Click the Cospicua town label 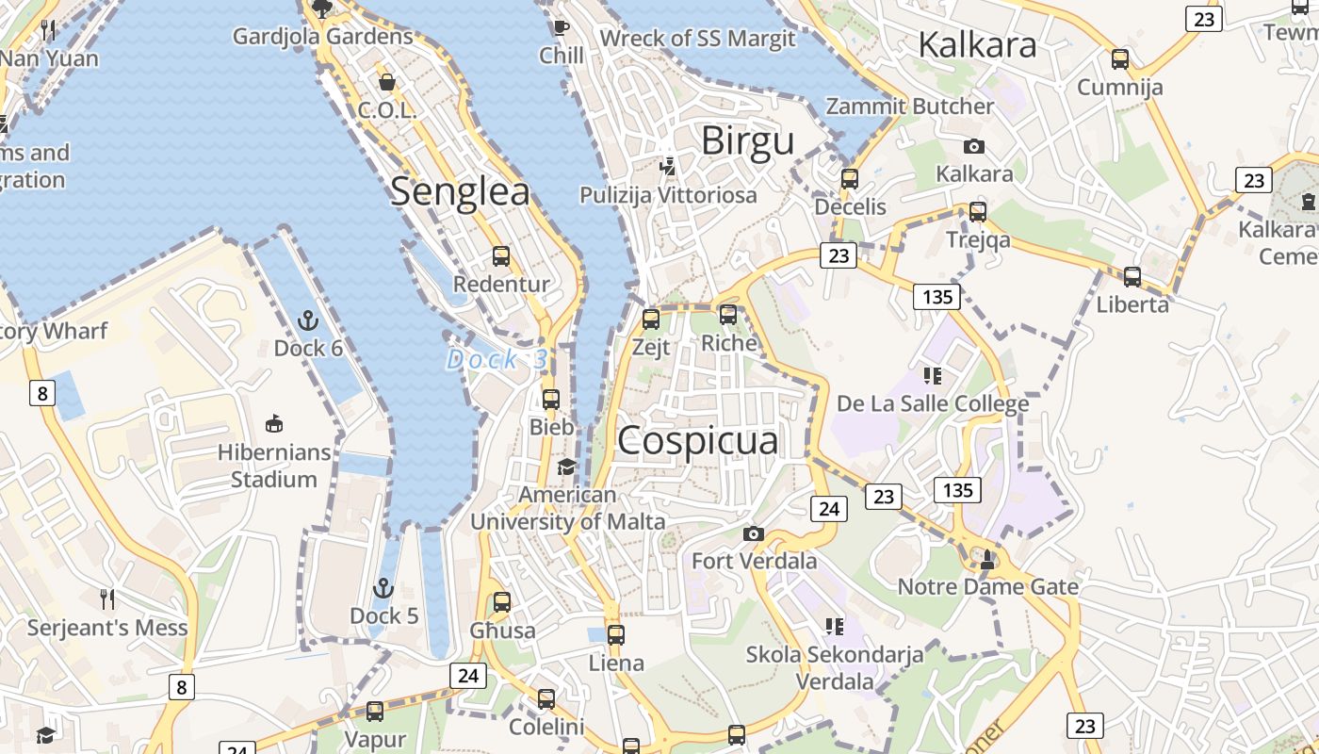698,441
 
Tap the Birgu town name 748,141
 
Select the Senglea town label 460,191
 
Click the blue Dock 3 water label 497,359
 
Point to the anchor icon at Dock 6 308,321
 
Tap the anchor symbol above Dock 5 383,589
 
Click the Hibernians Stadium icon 274,423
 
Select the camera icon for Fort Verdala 754,534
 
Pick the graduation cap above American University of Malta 567,467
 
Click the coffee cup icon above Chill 562,27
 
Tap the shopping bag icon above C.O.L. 386,82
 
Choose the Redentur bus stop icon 501,256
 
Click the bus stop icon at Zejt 651,320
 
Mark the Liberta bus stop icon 1132,277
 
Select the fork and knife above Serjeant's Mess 107,598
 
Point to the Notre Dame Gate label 987,587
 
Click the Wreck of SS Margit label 697,39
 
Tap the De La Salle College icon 933,376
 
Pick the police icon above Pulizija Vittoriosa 668,167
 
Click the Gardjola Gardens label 323,37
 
